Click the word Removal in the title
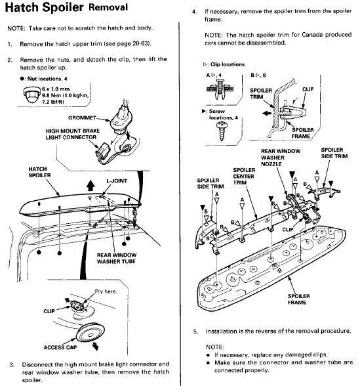click(108, 7)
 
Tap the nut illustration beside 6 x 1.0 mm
click(31, 95)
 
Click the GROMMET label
click(82, 118)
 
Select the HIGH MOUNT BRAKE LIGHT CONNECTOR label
click(73, 134)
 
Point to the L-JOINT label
click(117, 181)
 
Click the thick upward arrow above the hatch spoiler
click(90, 185)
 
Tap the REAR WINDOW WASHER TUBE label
click(116, 258)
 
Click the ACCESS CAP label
click(60, 347)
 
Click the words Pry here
click(106, 291)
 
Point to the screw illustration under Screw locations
click(222, 131)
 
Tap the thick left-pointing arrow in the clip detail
click(267, 113)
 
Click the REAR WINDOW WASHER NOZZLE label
click(281, 158)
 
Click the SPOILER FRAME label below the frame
click(298, 299)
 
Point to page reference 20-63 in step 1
click(140, 44)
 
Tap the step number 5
click(195, 332)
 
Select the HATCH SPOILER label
click(39, 172)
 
